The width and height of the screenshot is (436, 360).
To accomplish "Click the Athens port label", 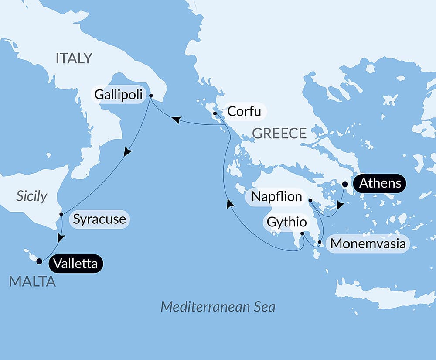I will [380, 183].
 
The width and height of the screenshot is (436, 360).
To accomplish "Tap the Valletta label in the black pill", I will [76, 264].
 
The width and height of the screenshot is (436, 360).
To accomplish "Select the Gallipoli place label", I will [119, 95].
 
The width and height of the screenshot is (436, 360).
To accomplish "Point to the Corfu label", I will [244, 112].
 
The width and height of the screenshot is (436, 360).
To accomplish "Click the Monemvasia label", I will [368, 244].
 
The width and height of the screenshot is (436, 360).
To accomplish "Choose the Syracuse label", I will [99, 219].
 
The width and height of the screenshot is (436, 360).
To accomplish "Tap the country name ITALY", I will [74, 58].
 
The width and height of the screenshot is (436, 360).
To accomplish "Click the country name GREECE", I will [279, 134].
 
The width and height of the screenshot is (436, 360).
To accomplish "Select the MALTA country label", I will [32, 282].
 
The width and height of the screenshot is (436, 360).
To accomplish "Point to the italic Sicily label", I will [31, 196].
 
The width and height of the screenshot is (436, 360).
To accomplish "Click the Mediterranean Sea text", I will [218, 307].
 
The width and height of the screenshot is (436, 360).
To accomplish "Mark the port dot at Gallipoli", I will [151, 96].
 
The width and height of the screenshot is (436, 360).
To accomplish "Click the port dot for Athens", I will [345, 184].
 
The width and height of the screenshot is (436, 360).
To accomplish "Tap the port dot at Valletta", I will [39, 261].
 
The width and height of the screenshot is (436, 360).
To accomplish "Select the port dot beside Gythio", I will [302, 233].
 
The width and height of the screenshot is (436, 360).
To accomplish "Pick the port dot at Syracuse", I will [61, 214].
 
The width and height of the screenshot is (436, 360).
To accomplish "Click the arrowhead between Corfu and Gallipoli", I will [176, 119].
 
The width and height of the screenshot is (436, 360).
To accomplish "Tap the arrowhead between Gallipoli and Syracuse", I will [127, 151].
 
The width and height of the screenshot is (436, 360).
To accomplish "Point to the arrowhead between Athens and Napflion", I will [340, 205].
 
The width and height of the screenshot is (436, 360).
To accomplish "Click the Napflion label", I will [277, 197].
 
